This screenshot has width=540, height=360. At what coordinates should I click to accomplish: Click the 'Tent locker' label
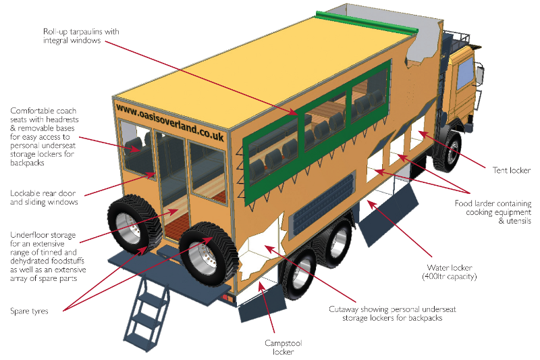(x=510, y=170)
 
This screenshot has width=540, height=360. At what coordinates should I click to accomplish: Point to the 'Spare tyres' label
(x=29, y=311)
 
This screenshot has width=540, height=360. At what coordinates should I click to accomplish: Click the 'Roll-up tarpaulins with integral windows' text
(x=71, y=36)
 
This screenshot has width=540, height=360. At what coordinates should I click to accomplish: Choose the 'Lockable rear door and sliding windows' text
(x=44, y=197)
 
